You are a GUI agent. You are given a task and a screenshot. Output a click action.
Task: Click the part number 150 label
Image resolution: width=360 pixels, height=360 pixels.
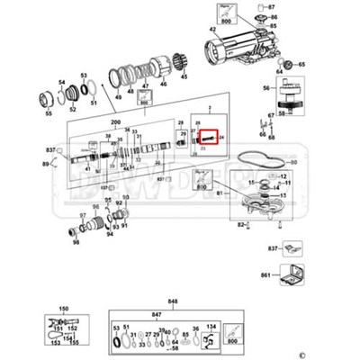(64, 310)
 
